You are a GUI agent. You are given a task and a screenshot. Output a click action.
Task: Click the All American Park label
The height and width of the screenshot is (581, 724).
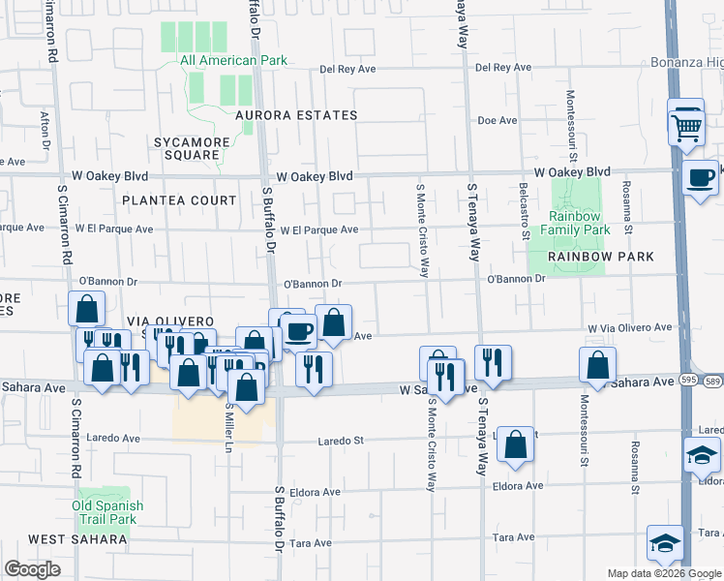pos(234,60)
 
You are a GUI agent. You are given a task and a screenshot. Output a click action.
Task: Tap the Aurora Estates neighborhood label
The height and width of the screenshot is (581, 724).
pos(296,115)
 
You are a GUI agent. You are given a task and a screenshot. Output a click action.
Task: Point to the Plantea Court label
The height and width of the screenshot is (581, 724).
pos(179,200)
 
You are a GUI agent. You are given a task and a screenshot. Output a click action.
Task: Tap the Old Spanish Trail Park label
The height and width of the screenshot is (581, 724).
pos(107,512)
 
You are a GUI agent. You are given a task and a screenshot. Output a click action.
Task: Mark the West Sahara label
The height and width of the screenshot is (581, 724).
pos(67,538)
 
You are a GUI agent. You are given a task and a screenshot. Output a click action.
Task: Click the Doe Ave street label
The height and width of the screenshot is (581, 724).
pos(498,120)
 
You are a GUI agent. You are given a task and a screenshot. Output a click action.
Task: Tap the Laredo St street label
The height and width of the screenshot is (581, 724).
pos(342,441)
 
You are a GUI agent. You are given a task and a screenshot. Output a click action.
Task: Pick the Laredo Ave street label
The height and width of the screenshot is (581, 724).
pos(114,438)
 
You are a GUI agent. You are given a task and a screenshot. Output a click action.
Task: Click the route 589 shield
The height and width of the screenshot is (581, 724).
pos(713,382)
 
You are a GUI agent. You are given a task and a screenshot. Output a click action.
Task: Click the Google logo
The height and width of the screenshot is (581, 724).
pos(32,569)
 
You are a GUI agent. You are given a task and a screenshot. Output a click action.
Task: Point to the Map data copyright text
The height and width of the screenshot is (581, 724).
pos(664,573)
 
